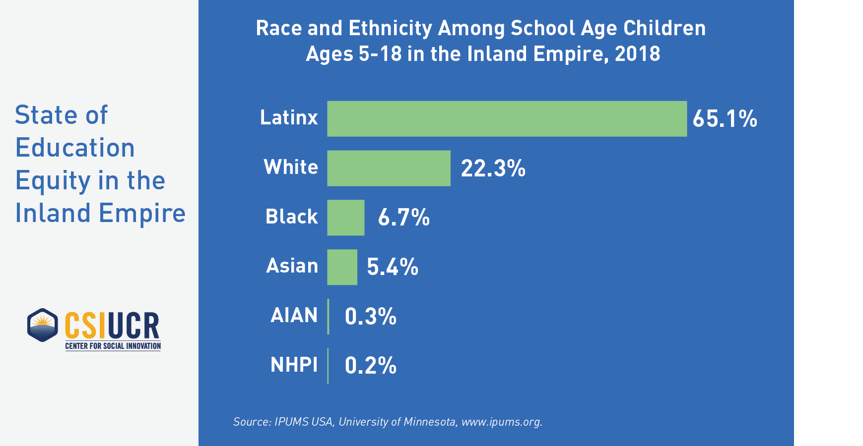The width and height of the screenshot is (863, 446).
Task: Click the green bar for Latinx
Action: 507,119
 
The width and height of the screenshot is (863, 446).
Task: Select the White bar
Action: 389,168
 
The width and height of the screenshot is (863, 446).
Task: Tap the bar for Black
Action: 345,218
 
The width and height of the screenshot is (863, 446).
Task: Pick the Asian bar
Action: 342,267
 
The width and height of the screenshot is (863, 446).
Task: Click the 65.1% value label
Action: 725,119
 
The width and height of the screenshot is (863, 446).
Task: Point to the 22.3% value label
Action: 493,168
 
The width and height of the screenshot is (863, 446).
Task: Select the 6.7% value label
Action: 403,218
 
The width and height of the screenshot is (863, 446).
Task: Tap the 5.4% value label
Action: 392,267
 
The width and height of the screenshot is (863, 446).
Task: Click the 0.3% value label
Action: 370,317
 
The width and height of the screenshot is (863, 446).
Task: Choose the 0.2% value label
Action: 370,366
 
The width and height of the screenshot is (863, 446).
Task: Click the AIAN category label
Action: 294,316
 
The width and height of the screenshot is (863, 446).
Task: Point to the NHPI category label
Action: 294,365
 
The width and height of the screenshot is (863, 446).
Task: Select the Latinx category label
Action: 289,118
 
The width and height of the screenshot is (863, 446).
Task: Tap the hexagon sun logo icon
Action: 43,325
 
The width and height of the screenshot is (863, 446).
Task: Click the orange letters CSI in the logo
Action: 85,325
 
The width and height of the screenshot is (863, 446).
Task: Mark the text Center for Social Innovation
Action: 113,346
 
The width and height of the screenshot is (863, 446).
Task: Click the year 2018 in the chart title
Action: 637,54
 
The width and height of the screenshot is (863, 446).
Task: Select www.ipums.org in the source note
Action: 501,422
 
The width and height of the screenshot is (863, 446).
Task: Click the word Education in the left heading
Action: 75,148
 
